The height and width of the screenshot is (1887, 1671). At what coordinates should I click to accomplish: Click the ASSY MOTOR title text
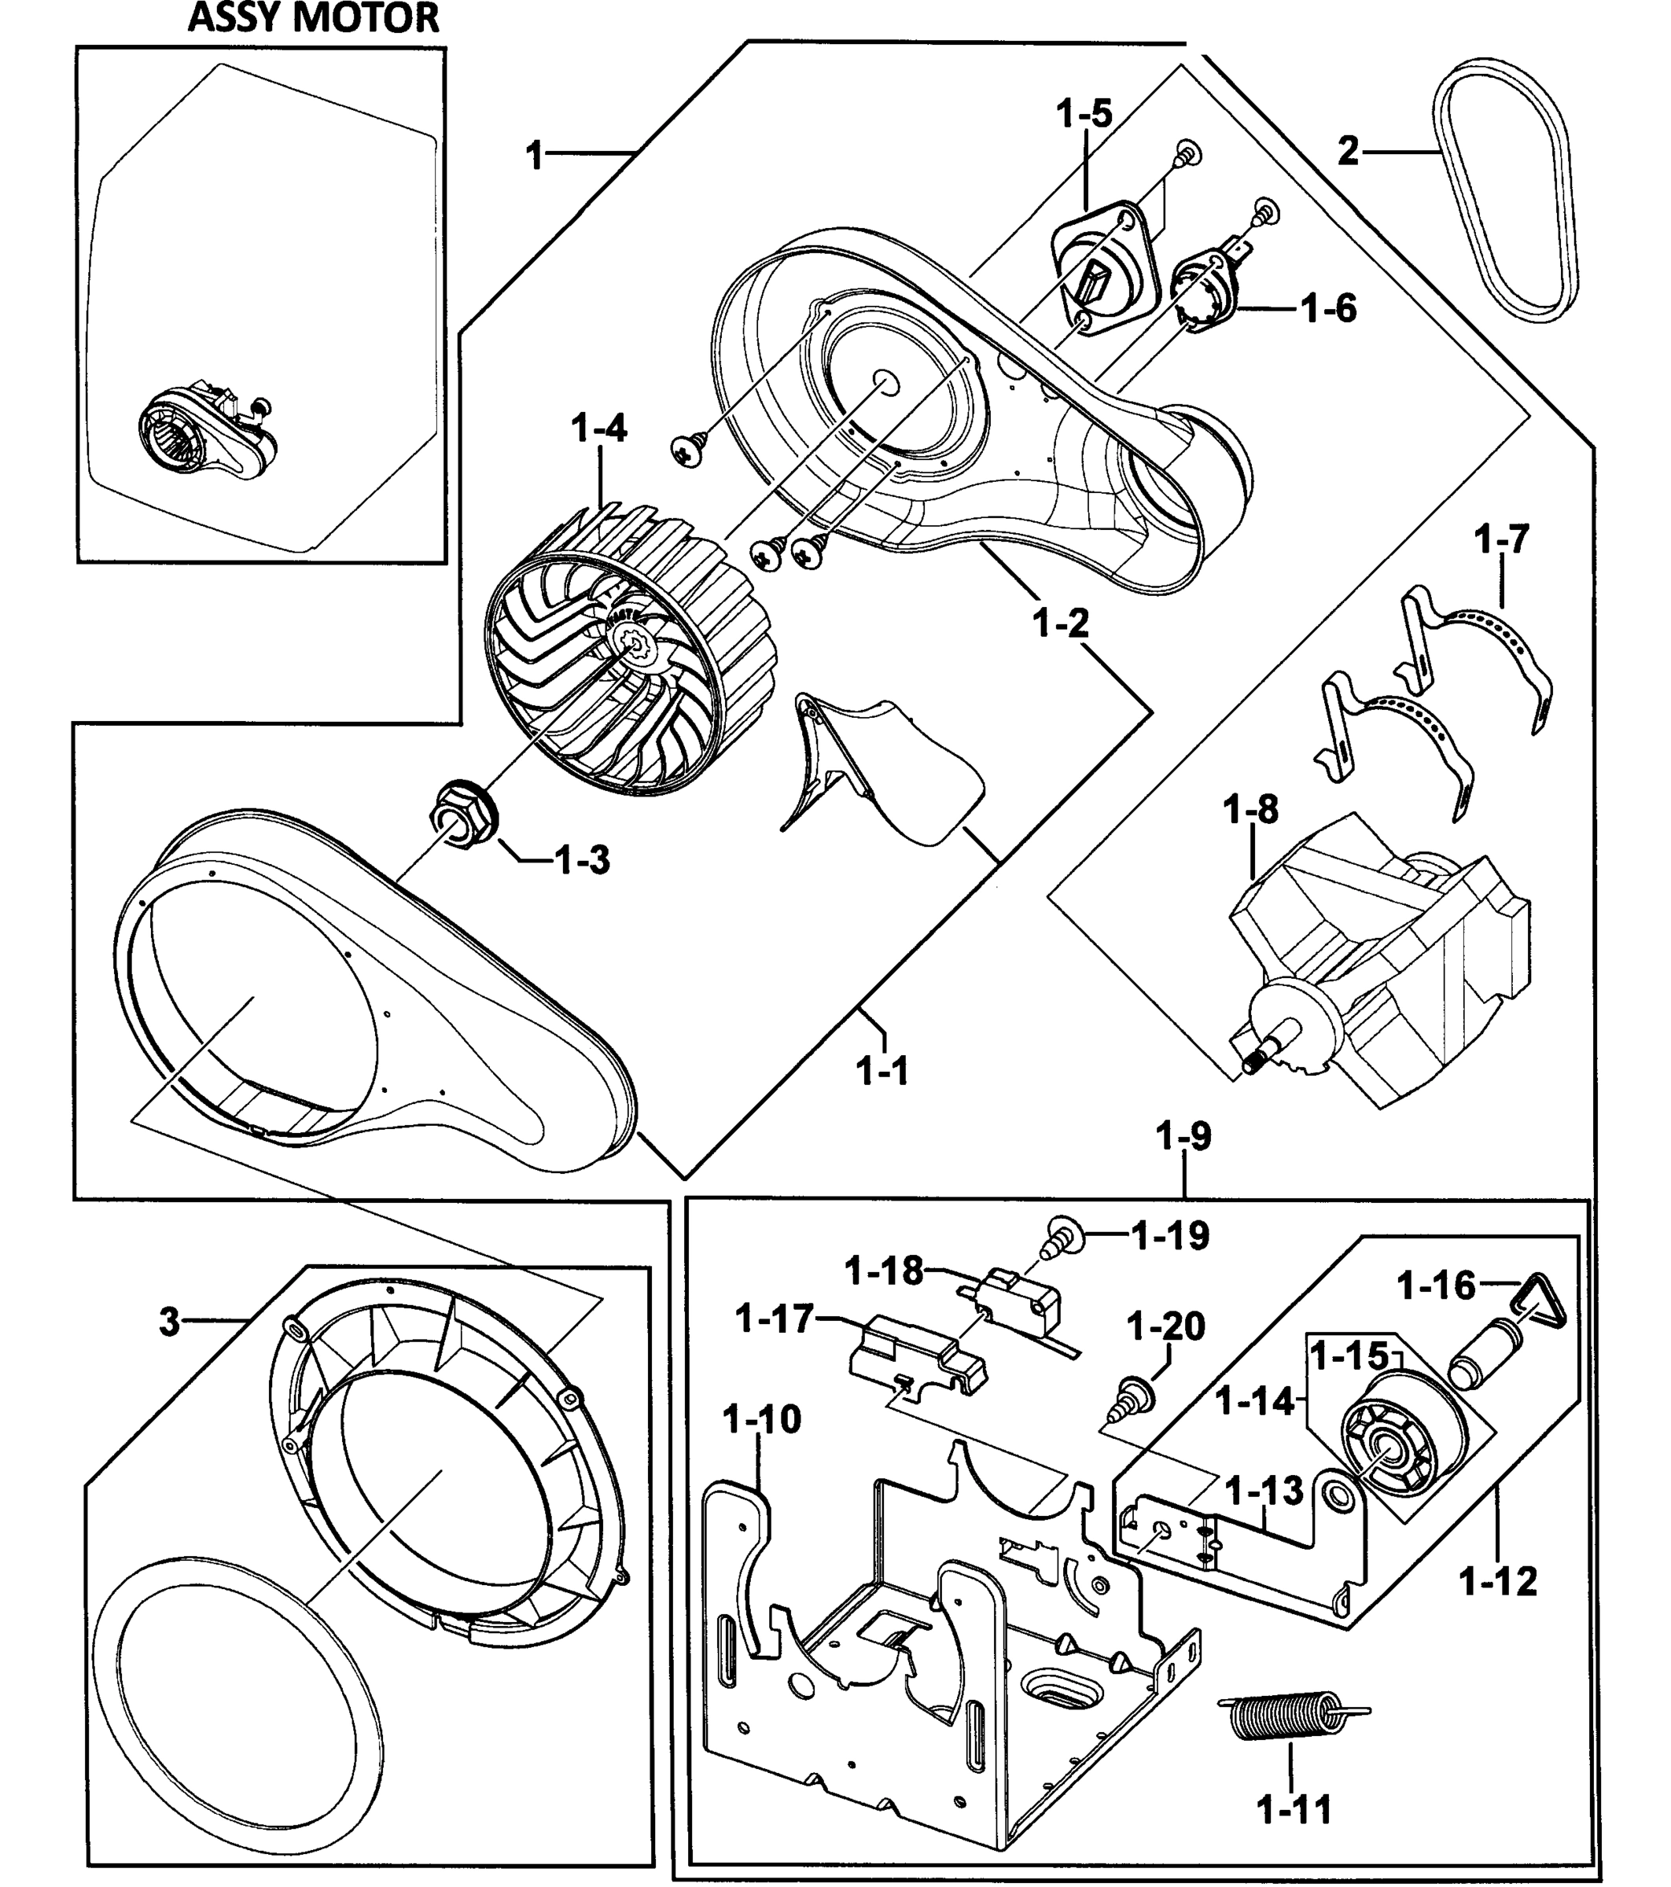[x=314, y=18]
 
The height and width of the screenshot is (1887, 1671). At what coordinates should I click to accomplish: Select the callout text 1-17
[x=775, y=1319]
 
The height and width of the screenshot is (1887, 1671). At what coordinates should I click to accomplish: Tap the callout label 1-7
[x=1502, y=539]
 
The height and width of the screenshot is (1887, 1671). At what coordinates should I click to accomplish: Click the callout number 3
[x=169, y=1322]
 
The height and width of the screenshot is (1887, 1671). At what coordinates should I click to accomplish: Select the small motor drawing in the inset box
[x=208, y=436]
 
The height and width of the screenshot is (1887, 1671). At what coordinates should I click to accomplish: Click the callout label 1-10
[x=762, y=1419]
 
